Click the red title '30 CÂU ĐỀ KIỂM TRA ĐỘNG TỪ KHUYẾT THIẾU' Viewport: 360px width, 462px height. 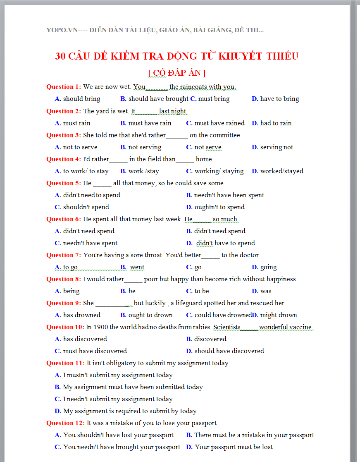point(177,56)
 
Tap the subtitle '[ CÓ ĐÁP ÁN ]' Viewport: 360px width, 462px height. point(177,73)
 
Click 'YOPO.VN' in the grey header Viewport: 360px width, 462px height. point(62,30)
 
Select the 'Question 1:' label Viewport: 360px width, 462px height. point(64,87)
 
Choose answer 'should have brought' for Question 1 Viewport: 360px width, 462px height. point(158,99)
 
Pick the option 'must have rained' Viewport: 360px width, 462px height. point(219,123)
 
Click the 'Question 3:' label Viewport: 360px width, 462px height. point(64,135)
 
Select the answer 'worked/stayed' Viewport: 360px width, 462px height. point(281,171)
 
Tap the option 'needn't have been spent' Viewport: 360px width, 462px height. point(229,195)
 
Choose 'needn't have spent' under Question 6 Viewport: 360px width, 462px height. point(90,243)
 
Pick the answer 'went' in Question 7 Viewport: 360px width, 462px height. point(137,267)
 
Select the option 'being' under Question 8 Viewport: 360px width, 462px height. point(71,291)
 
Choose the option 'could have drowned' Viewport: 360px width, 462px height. point(223,315)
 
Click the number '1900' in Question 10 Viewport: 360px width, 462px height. point(100,327)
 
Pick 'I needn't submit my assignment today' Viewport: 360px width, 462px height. point(118,399)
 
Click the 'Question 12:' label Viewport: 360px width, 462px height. point(65,423)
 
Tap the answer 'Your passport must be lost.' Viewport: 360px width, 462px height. point(234,447)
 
